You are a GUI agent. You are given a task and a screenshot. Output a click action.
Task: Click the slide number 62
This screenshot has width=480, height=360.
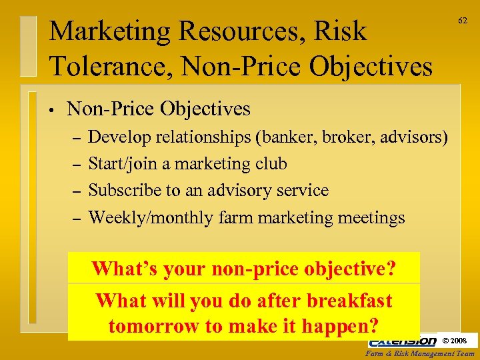click(x=461, y=21)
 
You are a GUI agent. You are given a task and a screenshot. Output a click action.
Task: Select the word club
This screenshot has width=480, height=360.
click(x=271, y=164)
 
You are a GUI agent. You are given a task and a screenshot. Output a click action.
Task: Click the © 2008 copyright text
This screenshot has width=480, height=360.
click(x=455, y=341)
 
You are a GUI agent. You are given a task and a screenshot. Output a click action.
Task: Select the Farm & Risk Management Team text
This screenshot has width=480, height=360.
click(x=422, y=353)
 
